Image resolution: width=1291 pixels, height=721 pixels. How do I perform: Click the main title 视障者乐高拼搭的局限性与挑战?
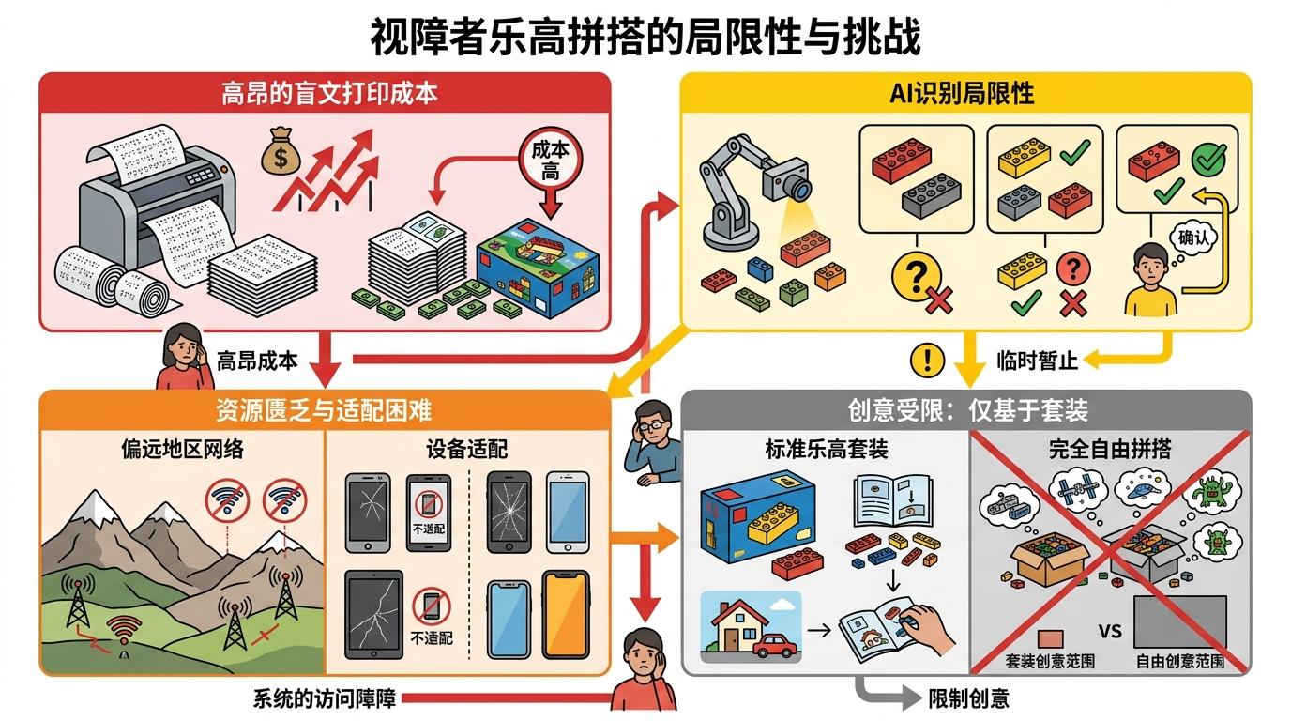click(645, 38)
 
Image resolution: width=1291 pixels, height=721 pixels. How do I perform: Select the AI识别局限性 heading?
click(966, 94)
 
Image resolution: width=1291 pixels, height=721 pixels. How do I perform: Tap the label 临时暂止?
click(1037, 359)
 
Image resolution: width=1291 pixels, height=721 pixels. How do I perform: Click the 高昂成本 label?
click(257, 360)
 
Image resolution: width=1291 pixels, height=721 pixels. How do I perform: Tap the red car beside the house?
click(775, 645)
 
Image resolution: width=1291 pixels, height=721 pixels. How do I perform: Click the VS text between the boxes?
click(1110, 632)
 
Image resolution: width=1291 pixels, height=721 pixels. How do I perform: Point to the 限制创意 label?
click(969, 698)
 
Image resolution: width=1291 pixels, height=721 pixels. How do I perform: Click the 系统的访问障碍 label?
click(326, 698)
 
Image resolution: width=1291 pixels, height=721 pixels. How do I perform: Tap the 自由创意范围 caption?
click(1180, 661)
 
